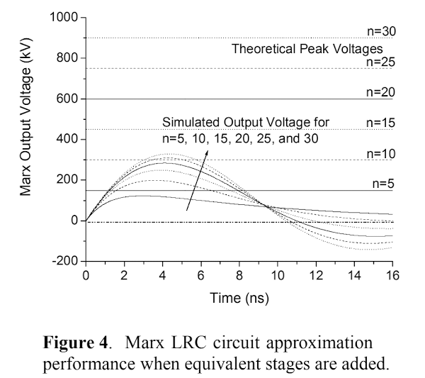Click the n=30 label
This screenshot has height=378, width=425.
coord(381,31)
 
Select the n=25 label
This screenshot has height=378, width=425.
coord(381,62)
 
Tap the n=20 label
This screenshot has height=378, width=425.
coord(381,92)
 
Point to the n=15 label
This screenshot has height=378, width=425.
coord(381,123)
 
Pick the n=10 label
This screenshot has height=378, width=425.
coord(381,154)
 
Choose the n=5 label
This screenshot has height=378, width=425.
coord(383,184)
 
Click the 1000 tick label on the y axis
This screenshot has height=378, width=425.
coord(64,17)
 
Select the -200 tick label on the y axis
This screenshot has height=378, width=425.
coord(65,261)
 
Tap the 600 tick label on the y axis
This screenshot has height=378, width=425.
coord(67,99)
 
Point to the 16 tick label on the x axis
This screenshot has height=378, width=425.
coord(392,276)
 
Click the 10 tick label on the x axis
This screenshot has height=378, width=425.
coord(278,276)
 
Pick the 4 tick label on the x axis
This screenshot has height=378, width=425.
coord(162,276)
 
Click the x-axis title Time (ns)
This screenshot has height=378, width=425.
coord(239,298)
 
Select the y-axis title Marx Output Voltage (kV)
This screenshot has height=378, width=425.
coord(26,117)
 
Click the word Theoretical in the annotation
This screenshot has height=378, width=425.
coord(263,49)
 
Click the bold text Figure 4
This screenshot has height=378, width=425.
coord(76,343)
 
